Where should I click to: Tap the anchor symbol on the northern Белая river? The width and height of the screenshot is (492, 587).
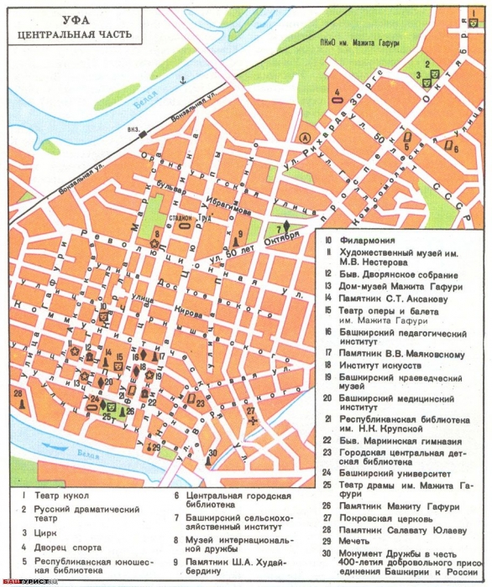[181, 81]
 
